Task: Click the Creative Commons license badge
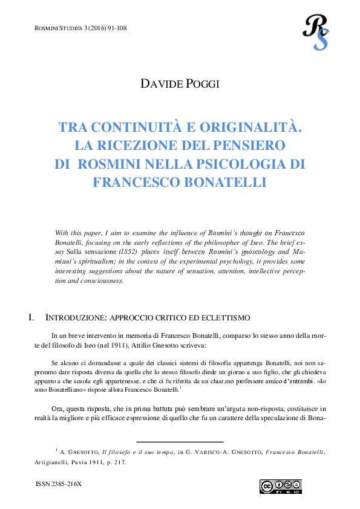(281, 487)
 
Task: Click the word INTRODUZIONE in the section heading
(76, 317)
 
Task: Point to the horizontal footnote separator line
(180, 442)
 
